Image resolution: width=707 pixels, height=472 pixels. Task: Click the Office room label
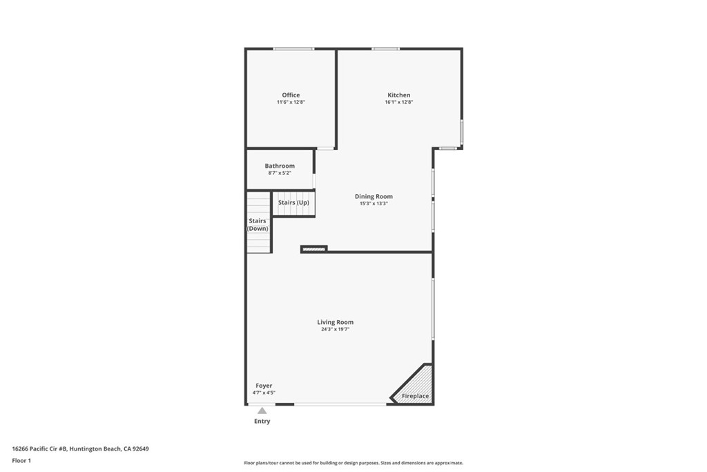click(291, 95)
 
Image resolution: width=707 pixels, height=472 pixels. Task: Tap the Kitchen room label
click(398, 95)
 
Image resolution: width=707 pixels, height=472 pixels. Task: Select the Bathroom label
click(280, 166)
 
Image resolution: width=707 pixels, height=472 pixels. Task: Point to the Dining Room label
click(374, 197)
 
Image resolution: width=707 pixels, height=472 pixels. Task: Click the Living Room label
click(335, 322)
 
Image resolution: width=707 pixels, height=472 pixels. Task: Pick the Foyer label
click(264, 386)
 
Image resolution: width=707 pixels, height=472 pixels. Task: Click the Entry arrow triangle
click(262, 410)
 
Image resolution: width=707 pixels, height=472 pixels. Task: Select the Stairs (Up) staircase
click(293, 203)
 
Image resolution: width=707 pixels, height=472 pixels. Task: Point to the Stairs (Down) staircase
click(258, 224)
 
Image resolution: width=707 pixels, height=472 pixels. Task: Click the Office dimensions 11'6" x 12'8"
click(291, 102)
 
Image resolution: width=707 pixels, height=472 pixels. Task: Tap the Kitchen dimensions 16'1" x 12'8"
click(398, 102)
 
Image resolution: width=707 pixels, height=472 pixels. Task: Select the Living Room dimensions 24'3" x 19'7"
click(335, 330)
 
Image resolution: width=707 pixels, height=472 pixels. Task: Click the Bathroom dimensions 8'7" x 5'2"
click(280, 173)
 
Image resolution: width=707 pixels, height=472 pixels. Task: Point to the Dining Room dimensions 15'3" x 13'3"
click(374, 204)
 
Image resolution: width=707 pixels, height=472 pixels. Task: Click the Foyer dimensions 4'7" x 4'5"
click(264, 393)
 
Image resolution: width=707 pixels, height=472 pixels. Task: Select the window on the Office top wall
click(293, 48)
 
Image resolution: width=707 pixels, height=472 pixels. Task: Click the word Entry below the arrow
click(262, 421)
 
